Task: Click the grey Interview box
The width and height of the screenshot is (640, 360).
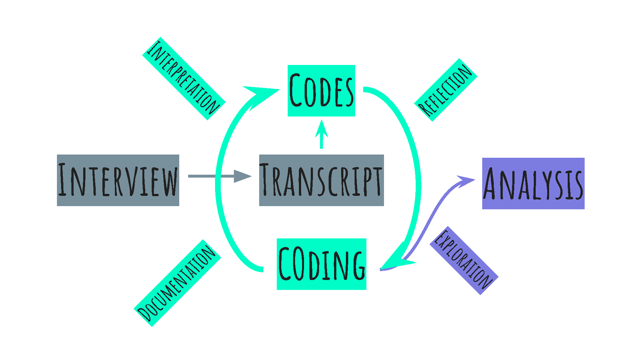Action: pos(118,180)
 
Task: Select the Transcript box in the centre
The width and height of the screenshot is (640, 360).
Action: pos(321,180)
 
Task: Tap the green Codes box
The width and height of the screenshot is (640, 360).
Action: pos(321,91)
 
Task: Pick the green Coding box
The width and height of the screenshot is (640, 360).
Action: pos(321,264)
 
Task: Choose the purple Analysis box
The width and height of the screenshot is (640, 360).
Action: pos(533,183)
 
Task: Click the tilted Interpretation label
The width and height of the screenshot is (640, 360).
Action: pos(184,79)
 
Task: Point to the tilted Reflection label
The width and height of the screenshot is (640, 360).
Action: pos(446,90)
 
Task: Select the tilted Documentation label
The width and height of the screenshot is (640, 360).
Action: pos(177,283)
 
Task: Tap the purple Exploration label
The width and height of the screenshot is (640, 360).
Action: pos(464,260)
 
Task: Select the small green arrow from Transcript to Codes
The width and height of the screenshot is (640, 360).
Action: pos(321,135)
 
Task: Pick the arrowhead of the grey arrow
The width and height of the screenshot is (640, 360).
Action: pos(242,176)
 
